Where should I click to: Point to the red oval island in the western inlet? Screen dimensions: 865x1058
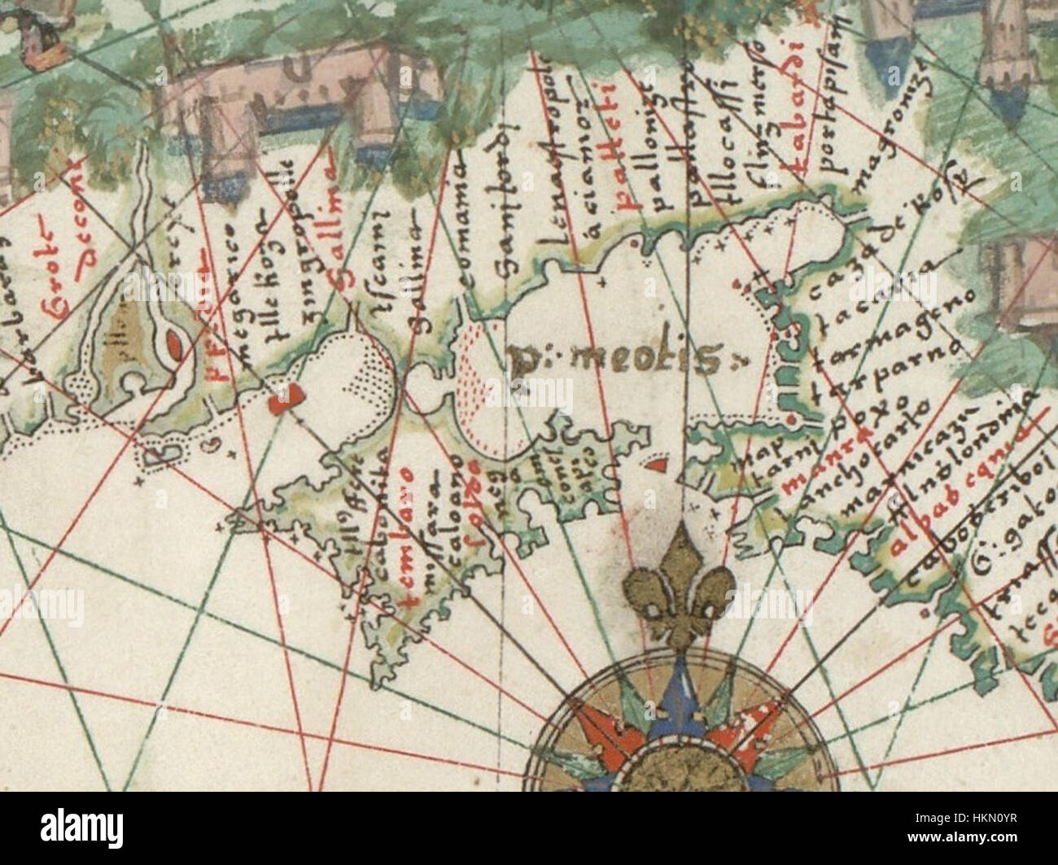click(x=174, y=347)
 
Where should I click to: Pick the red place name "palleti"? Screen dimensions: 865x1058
click(x=628, y=164)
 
